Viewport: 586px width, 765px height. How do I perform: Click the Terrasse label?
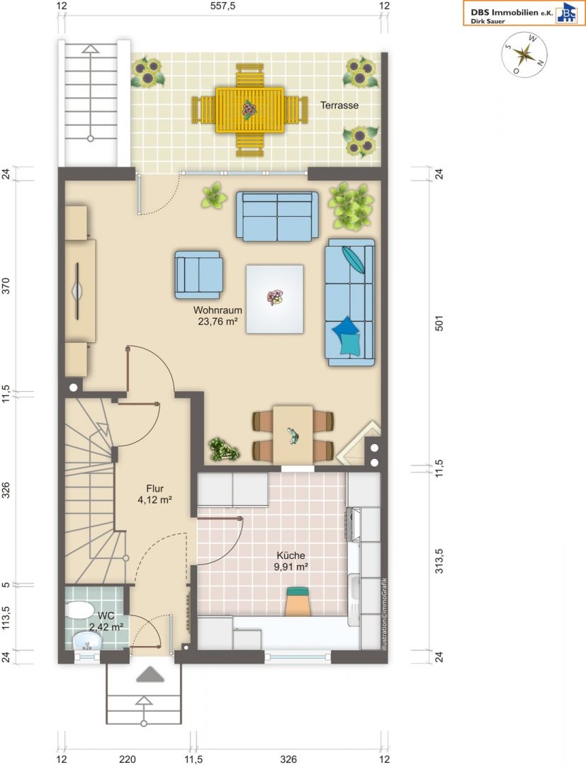coord(339,106)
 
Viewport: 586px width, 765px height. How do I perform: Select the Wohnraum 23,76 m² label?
coord(218,315)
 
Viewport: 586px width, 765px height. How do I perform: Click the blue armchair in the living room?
coord(199,274)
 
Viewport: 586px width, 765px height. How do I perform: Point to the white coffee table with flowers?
coord(275,299)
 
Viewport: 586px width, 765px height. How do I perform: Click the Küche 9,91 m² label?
coord(291,560)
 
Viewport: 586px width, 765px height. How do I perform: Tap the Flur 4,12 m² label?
coord(154,494)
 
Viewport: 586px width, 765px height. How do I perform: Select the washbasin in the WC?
coord(87,641)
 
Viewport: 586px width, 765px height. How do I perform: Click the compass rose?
coord(524,54)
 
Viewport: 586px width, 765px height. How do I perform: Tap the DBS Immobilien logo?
coord(524,13)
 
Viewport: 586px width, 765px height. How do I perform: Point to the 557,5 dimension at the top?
coord(222,6)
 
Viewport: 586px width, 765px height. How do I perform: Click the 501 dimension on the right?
coord(439,324)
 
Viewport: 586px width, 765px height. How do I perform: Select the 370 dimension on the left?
coord(6,286)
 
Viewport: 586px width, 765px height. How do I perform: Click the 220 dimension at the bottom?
coord(128,759)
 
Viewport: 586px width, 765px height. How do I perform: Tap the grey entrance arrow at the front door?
coord(150,675)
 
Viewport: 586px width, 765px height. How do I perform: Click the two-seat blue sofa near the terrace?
coord(277,216)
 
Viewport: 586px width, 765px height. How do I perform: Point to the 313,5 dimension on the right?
coord(439,561)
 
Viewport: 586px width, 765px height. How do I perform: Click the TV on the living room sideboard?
coord(77,291)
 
